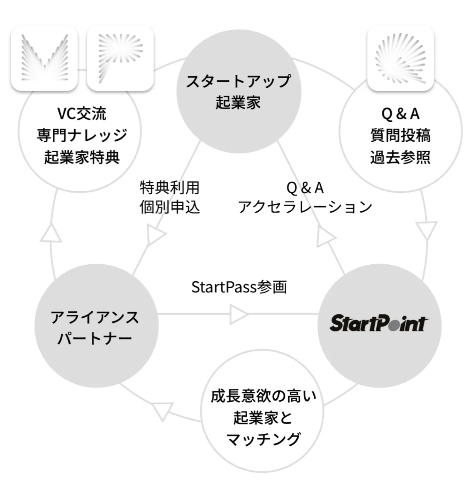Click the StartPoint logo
click(x=379, y=323)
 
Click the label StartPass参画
click(x=239, y=287)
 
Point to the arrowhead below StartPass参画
click(x=238, y=314)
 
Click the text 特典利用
click(x=170, y=187)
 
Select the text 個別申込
click(x=170, y=207)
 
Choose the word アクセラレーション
click(x=305, y=207)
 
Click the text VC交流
click(x=82, y=114)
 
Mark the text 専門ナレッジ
click(x=82, y=135)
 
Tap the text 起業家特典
click(x=82, y=157)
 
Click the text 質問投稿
click(x=400, y=135)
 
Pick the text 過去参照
click(x=400, y=157)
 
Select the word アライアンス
click(x=95, y=317)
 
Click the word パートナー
click(x=95, y=338)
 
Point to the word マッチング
click(x=263, y=439)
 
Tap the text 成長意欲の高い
click(x=263, y=396)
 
